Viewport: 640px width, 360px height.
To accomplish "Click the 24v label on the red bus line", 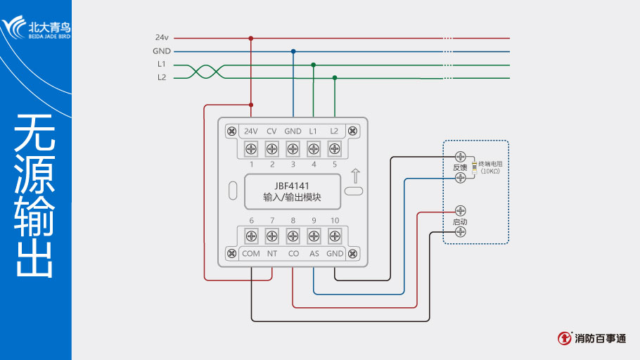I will pos(161,38).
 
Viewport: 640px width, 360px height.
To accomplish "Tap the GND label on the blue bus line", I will pos(161,51).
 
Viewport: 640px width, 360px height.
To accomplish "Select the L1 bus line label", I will pos(161,64).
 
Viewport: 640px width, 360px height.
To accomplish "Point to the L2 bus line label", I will pos(161,77).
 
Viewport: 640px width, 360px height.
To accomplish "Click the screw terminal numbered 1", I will pos(251,149).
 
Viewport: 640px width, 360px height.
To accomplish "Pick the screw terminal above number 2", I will pos(271,149).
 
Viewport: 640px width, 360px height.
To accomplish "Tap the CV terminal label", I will pos(271,131).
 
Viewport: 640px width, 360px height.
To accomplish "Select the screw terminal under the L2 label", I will pos(334,149).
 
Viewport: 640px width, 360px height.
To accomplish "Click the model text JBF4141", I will pos(292,186).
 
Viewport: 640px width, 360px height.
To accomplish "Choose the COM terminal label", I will pos(251,253).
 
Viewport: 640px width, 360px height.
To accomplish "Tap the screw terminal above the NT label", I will pos(271,236).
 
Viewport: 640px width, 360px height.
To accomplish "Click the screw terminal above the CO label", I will pos(293,236).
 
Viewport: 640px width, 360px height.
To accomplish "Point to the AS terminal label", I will pos(314,253).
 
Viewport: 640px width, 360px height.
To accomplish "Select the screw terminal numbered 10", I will pos(334,236).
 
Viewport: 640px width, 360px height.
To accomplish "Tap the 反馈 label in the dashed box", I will pos(460,167).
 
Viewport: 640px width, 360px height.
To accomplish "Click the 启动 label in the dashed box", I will pos(460,221).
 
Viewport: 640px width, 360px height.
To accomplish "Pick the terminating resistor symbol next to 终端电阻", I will pos(475,167).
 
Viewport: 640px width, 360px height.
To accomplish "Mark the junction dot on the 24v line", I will pos(251,38).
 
